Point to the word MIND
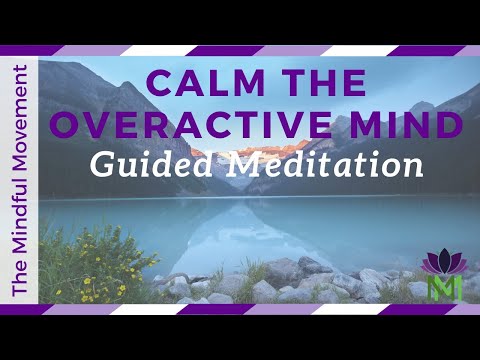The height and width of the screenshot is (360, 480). coord(408,123)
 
